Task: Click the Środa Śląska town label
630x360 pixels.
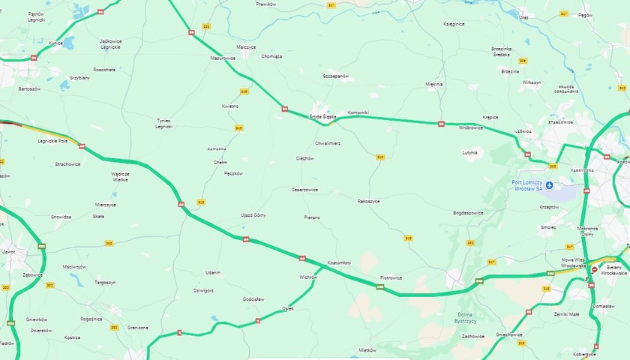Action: pos(324,117)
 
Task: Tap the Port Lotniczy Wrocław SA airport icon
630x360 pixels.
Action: pos(549,185)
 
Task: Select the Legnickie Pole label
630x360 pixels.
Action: pos(52,141)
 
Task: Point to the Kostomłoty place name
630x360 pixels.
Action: pos(340,262)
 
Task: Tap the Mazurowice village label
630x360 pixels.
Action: pos(223,58)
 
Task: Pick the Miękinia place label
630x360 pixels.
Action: pos(433,84)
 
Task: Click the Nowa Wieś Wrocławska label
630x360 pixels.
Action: pos(574,262)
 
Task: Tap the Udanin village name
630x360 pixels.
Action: pos(213,272)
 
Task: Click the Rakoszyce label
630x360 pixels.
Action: pos(368,201)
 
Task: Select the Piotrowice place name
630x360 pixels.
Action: pos(391,277)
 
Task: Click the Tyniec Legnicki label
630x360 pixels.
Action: pos(163,124)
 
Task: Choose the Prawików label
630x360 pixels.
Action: pos(266,4)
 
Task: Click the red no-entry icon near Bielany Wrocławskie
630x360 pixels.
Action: pos(595,269)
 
